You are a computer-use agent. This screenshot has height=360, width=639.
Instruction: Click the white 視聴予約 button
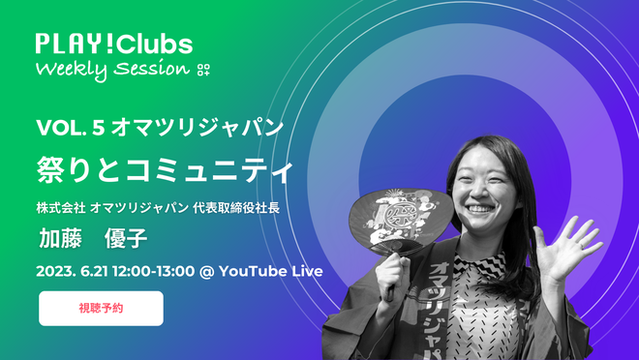(101, 309)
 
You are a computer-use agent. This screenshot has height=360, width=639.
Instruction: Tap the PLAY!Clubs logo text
(114, 44)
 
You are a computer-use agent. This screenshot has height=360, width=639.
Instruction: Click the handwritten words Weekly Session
(113, 70)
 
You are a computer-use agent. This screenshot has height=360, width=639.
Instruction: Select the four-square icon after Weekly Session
(203, 70)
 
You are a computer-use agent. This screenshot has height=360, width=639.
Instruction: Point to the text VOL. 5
(71, 128)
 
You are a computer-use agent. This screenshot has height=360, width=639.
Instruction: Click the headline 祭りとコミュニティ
(165, 169)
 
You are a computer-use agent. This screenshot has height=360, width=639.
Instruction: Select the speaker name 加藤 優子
(93, 238)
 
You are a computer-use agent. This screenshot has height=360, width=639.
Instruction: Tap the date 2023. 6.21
(73, 271)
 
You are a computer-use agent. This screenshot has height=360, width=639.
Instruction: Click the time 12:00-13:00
(154, 271)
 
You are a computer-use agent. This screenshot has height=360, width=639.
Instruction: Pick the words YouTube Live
(271, 271)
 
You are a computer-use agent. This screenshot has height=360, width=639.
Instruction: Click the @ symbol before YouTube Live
(206, 272)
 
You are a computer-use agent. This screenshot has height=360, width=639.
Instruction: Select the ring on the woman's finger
(583, 245)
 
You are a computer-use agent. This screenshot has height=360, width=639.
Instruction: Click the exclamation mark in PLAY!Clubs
(108, 44)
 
